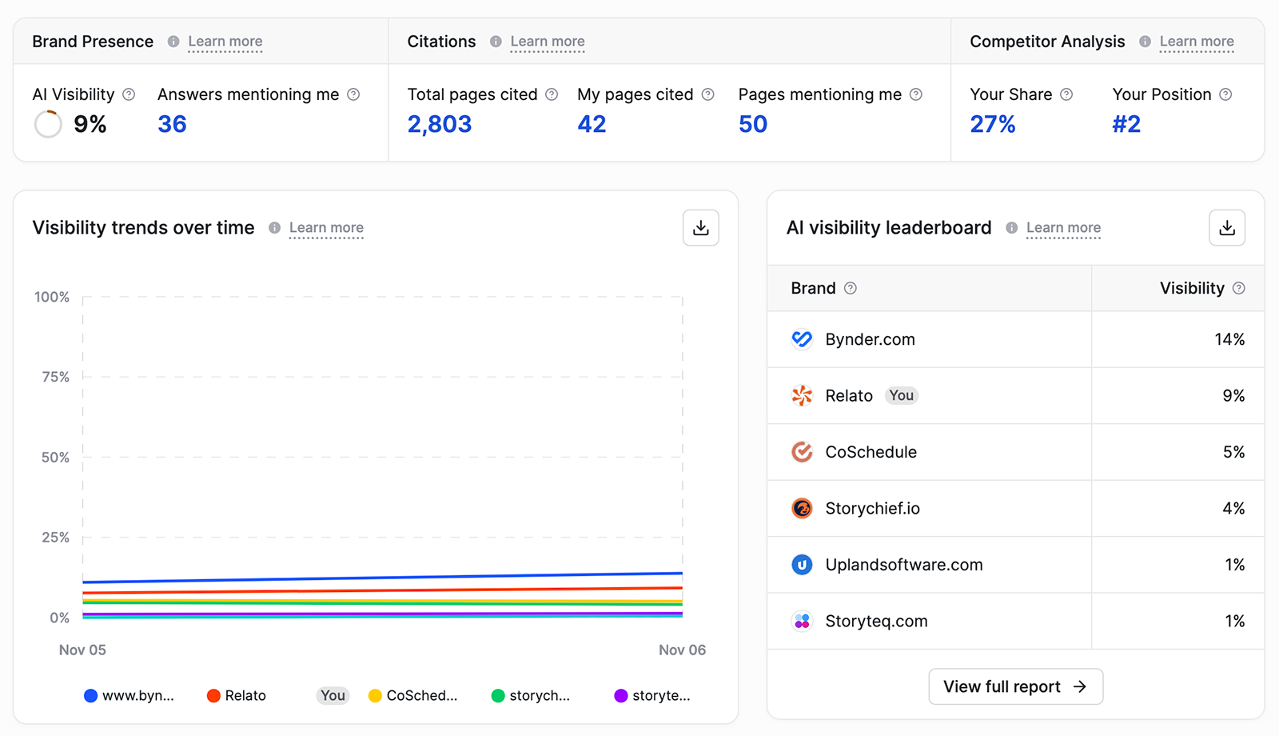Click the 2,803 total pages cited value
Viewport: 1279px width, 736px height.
(439, 124)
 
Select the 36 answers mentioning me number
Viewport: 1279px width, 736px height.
(172, 124)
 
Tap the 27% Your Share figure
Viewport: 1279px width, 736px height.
(992, 124)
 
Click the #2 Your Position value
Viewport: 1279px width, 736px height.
(1126, 124)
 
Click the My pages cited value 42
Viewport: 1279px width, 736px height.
(592, 124)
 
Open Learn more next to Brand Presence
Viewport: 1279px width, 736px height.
(225, 42)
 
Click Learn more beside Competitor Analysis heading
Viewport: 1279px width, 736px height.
(1196, 42)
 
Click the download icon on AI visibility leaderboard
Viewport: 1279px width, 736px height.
(1226, 228)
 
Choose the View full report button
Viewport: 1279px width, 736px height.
(1015, 686)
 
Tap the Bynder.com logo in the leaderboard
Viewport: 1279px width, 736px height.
(802, 339)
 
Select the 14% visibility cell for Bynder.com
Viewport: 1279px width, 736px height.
(1229, 339)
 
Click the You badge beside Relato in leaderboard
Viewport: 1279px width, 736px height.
(901, 395)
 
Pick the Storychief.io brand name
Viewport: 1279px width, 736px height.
(872, 508)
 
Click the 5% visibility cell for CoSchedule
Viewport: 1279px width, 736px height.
(1233, 452)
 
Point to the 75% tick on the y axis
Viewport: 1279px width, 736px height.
(55, 377)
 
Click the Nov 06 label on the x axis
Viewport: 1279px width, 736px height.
(682, 650)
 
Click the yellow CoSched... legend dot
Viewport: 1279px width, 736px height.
(375, 695)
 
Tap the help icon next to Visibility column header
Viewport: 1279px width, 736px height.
(1238, 288)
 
